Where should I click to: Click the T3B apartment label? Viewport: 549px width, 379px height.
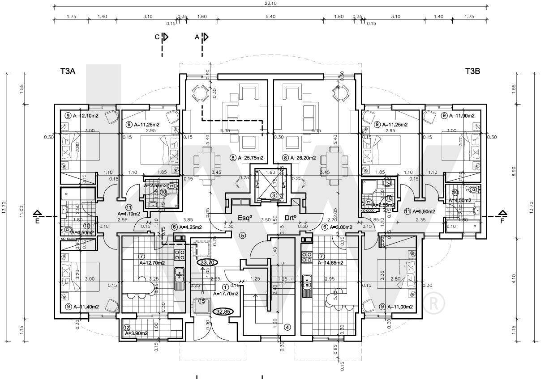(x=472, y=71)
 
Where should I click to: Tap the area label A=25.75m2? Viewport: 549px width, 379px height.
(x=247, y=158)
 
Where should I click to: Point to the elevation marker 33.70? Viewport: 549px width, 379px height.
(x=209, y=262)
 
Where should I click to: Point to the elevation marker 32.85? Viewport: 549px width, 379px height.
(x=223, y=312)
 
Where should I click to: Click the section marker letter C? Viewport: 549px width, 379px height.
(x=158, y=38)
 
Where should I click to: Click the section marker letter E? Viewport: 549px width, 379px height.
(x=38, y=220)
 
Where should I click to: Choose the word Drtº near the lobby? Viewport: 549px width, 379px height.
(x=292, y=219)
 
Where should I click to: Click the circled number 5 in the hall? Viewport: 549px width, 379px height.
(x=242, y=235)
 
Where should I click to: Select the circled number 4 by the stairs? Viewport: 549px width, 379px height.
(x=287, y=327)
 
